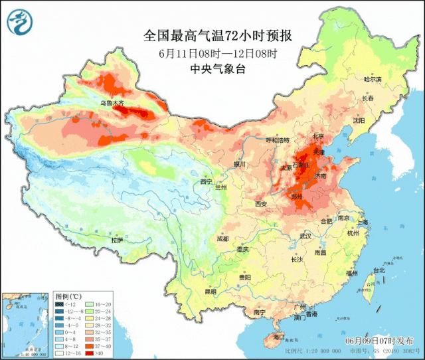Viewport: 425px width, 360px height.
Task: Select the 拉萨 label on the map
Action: point(117,240)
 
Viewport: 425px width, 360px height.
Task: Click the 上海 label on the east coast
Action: point(362,222)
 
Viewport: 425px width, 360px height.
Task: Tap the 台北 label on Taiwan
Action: point(379,270)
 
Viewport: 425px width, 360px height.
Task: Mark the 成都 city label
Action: point(222,238)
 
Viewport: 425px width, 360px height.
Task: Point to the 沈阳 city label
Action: point(378,121)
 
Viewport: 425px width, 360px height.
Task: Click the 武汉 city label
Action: point(305,236)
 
